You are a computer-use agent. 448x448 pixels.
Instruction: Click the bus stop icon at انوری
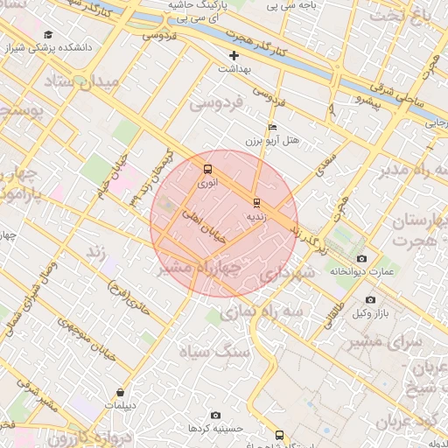[207, 169]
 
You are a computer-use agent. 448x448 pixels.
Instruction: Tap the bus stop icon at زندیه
[255, 200]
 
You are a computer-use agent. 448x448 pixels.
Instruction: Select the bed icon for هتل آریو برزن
[273, 127]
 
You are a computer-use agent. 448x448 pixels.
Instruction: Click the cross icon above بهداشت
[234, 55]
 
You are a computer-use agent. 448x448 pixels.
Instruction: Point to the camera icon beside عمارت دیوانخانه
[362, 258]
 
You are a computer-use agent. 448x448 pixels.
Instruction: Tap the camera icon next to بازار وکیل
[372, 300]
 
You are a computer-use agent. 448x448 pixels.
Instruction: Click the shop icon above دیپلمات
[119, 392]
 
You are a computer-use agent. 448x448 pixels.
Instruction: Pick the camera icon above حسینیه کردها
[215, 415]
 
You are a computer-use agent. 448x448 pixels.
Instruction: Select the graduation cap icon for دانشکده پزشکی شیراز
[45, 34]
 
